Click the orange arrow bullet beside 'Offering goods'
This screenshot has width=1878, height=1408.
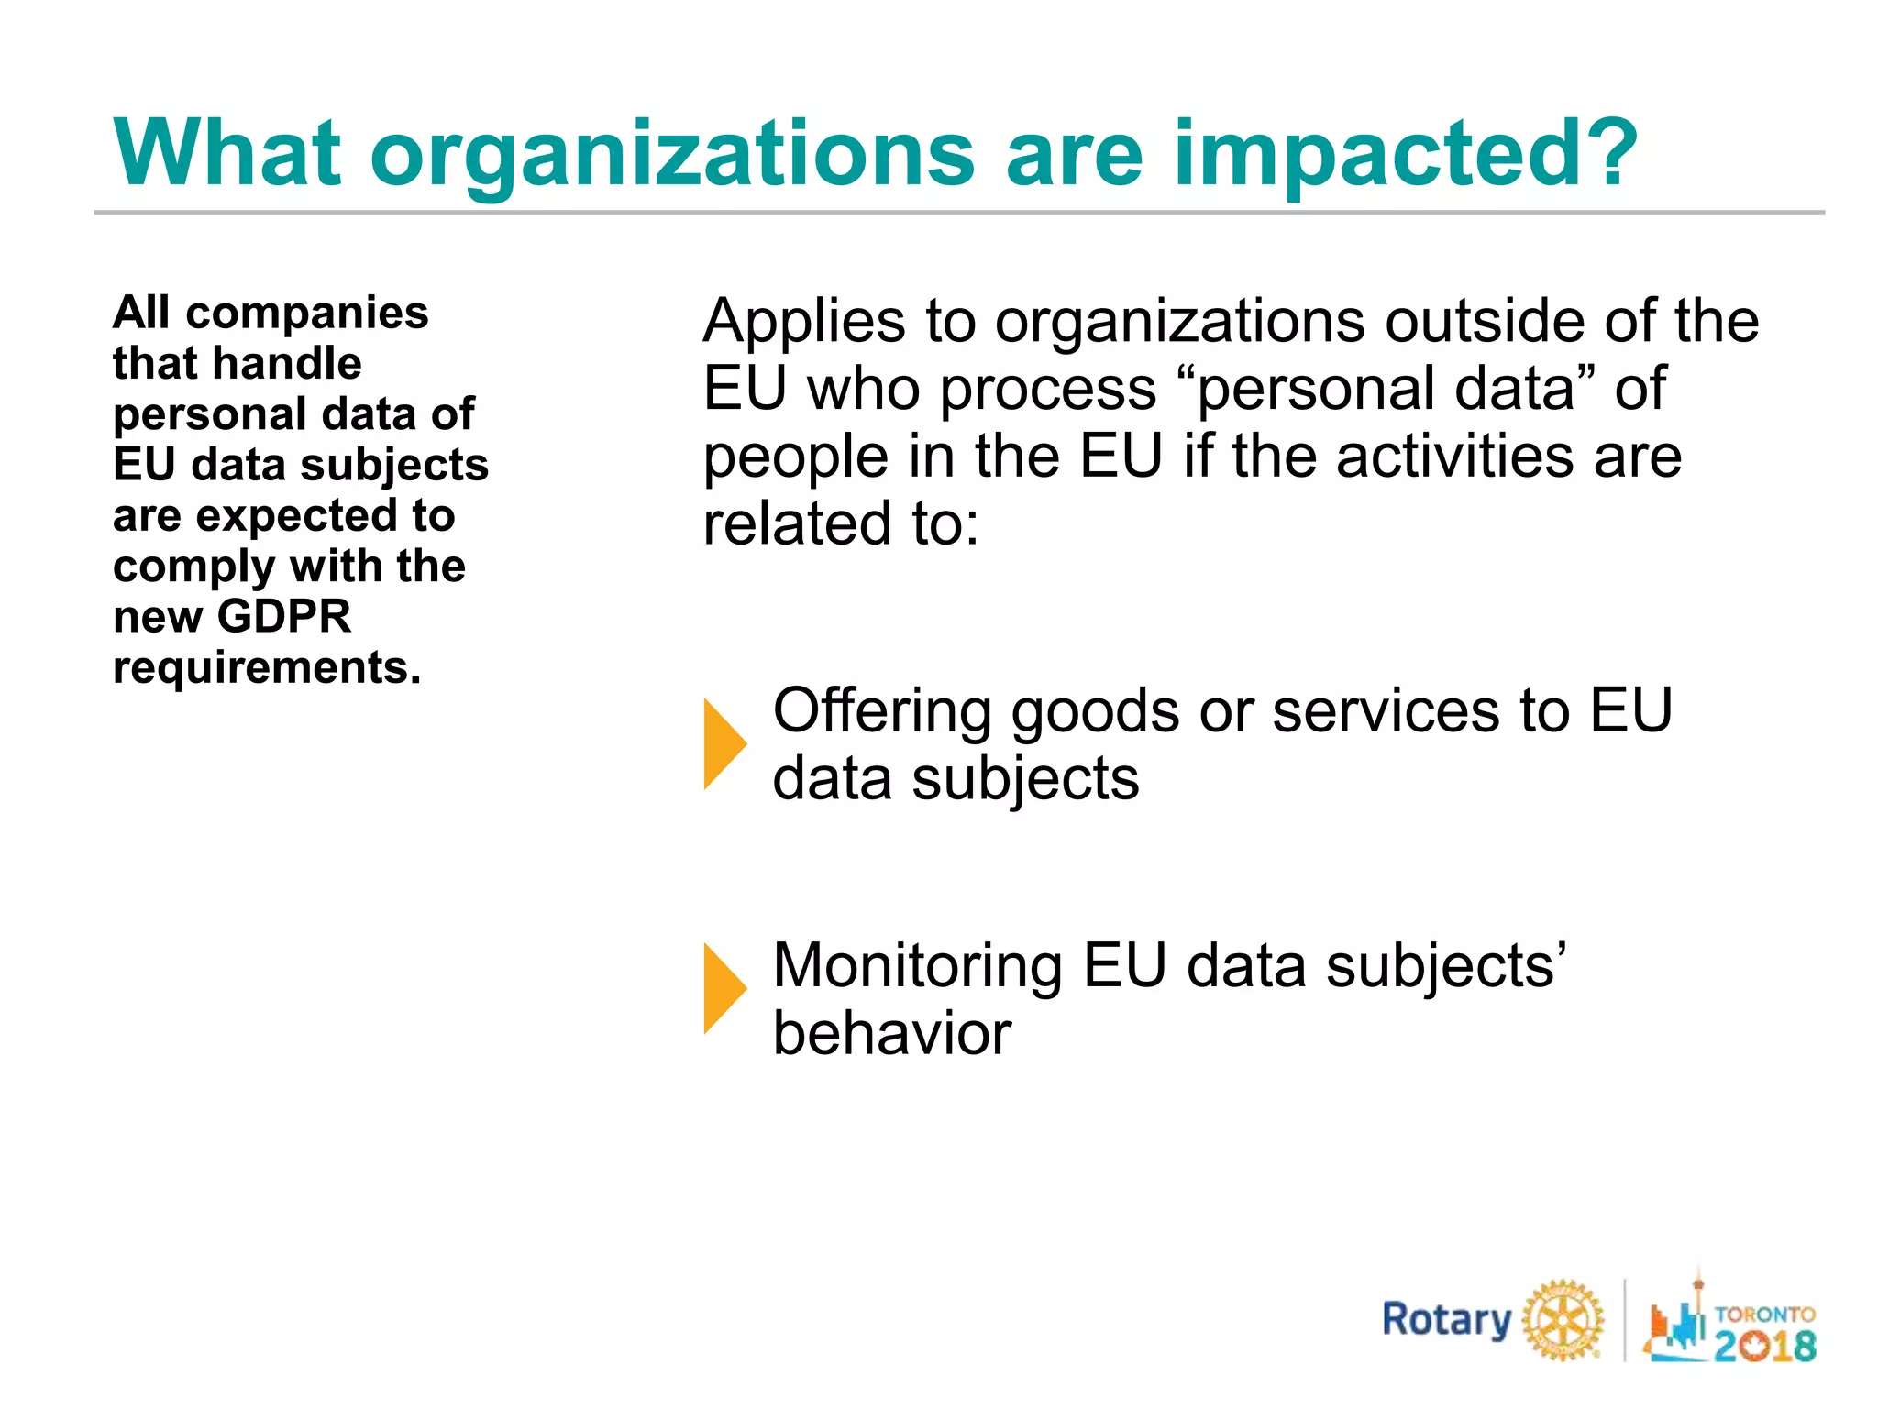click(x=724, y=743)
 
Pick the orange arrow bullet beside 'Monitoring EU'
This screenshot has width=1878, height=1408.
click(x=724, y=989)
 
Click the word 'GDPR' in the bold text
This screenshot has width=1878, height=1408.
click(x=284, y=616)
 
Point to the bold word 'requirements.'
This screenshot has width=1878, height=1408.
click(x=267, y=667)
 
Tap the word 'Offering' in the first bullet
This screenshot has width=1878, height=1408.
click(x=881, y=710)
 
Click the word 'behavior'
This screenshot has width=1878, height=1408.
click(x=891, y=1033)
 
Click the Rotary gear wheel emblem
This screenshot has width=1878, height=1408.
click(x=1563, y=1320)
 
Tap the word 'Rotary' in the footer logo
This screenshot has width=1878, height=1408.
click(x=1446, y=1320)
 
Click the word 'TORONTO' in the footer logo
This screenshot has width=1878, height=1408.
click(x=1764, y=1314)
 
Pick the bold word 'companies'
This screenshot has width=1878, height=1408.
click(x=307, y=313)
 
